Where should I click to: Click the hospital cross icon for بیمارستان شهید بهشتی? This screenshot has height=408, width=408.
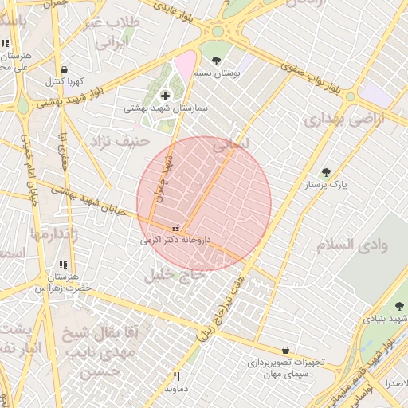click(x=165, y=96)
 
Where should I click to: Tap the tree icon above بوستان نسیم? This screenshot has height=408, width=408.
click(x=216, y=61)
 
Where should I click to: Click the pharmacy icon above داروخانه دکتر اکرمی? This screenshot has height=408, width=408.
click(x=175, y=228)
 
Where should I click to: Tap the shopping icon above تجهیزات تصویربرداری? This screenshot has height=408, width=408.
click(x=285, y=350)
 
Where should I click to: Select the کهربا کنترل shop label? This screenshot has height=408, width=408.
click(x=64, y=81)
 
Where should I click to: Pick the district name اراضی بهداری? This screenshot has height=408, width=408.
click(x=343, y=119)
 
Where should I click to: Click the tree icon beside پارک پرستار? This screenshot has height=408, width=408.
click(x=325, y=172)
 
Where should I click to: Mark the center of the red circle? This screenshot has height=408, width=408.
click(x=204, y=204)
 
